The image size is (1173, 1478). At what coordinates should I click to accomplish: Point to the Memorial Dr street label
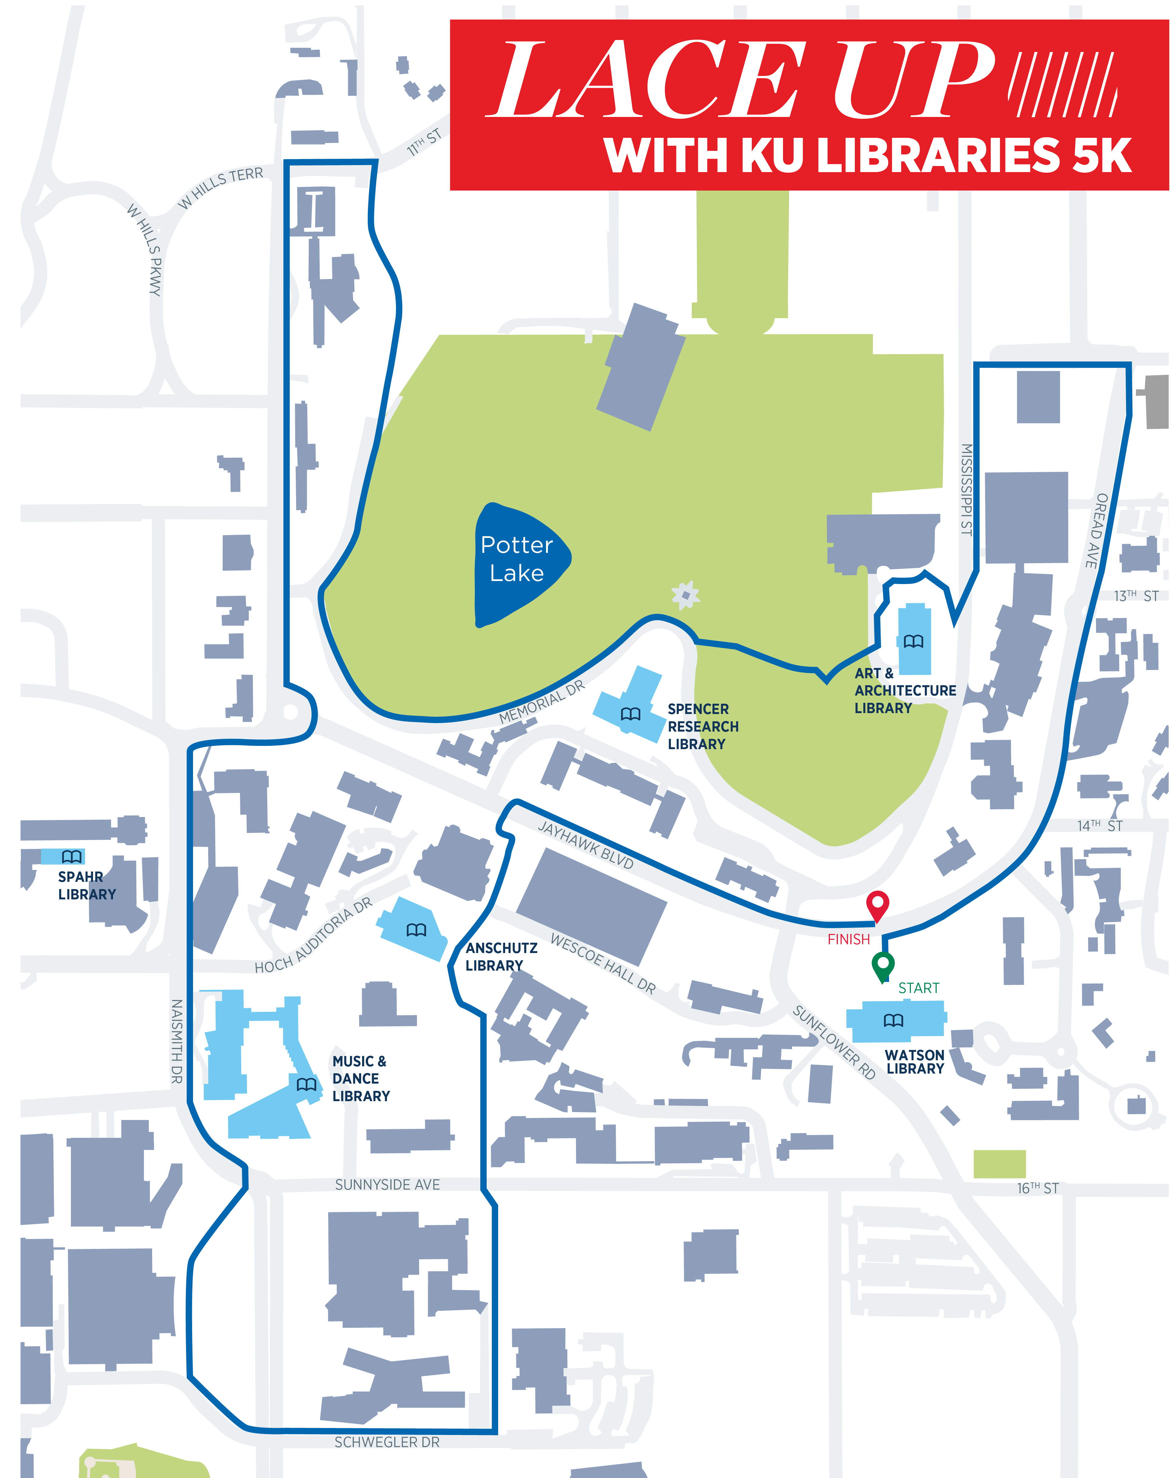click(x=542, y=702)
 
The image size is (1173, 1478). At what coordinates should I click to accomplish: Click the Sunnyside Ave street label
click(x=387, y=1184)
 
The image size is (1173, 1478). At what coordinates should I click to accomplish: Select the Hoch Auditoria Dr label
click(x=313, y=936)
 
